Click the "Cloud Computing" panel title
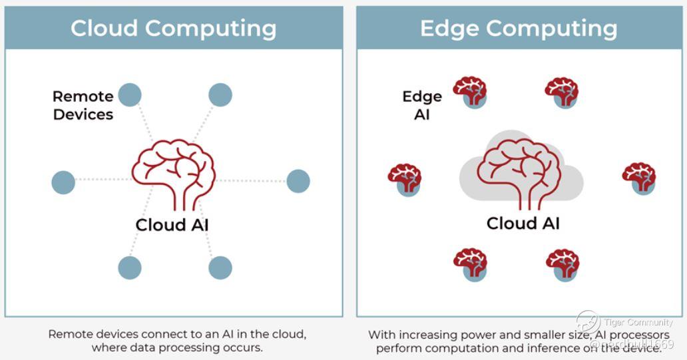click(173, 28)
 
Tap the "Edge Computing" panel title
click(519, 28)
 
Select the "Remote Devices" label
click(83, 105)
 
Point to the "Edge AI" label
click(422, 105)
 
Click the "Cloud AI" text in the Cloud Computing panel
click(172, 225)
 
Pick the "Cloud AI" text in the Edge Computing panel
click(523, 223)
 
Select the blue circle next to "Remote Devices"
click(130, 95)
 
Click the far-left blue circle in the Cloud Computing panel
click(63, 182)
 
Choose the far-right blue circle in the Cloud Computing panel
click(298, 181)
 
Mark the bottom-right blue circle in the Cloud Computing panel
click(220, 268)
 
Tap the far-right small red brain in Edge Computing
click(639, 177)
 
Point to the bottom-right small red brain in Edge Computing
click(563, 264)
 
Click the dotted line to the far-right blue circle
click(253, 181)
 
